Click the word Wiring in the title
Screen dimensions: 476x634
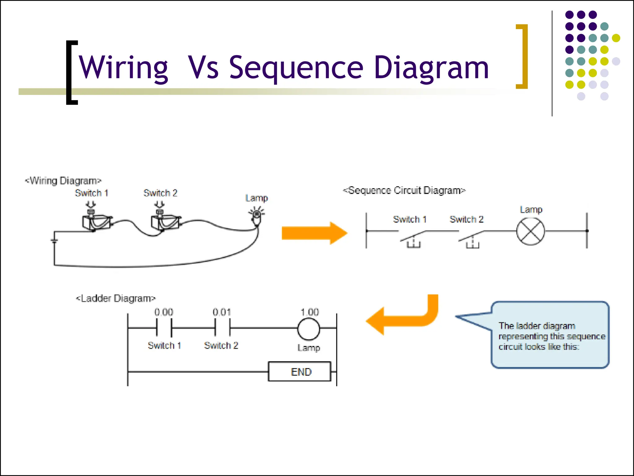[x=123, y=68]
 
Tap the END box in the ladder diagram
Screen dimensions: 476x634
[x=300, y=372]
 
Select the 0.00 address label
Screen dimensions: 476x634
[x=164, y=312]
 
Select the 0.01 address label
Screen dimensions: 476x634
[x=222, y=312]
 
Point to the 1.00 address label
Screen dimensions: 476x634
[x=310, y=312]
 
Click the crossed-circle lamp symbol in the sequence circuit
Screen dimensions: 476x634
[x=531, y=231]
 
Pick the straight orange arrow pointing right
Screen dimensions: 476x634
[x=314, y=233]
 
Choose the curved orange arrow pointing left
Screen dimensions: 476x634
[x=402, y=319]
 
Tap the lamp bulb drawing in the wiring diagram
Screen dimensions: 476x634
[x=257, y=217]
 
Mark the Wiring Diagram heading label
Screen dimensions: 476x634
[x=63, y=181]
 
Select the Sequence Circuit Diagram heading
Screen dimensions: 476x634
[x=404, y=190]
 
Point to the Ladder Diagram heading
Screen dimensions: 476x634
[x=115, y=298]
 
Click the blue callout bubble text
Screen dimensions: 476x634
[x=551, y=336]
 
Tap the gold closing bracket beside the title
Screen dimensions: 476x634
[x=523, y=56]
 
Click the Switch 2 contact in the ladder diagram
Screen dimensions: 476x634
[x=222, y=328]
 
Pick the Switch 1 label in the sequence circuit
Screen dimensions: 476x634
[x=410, y=219]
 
